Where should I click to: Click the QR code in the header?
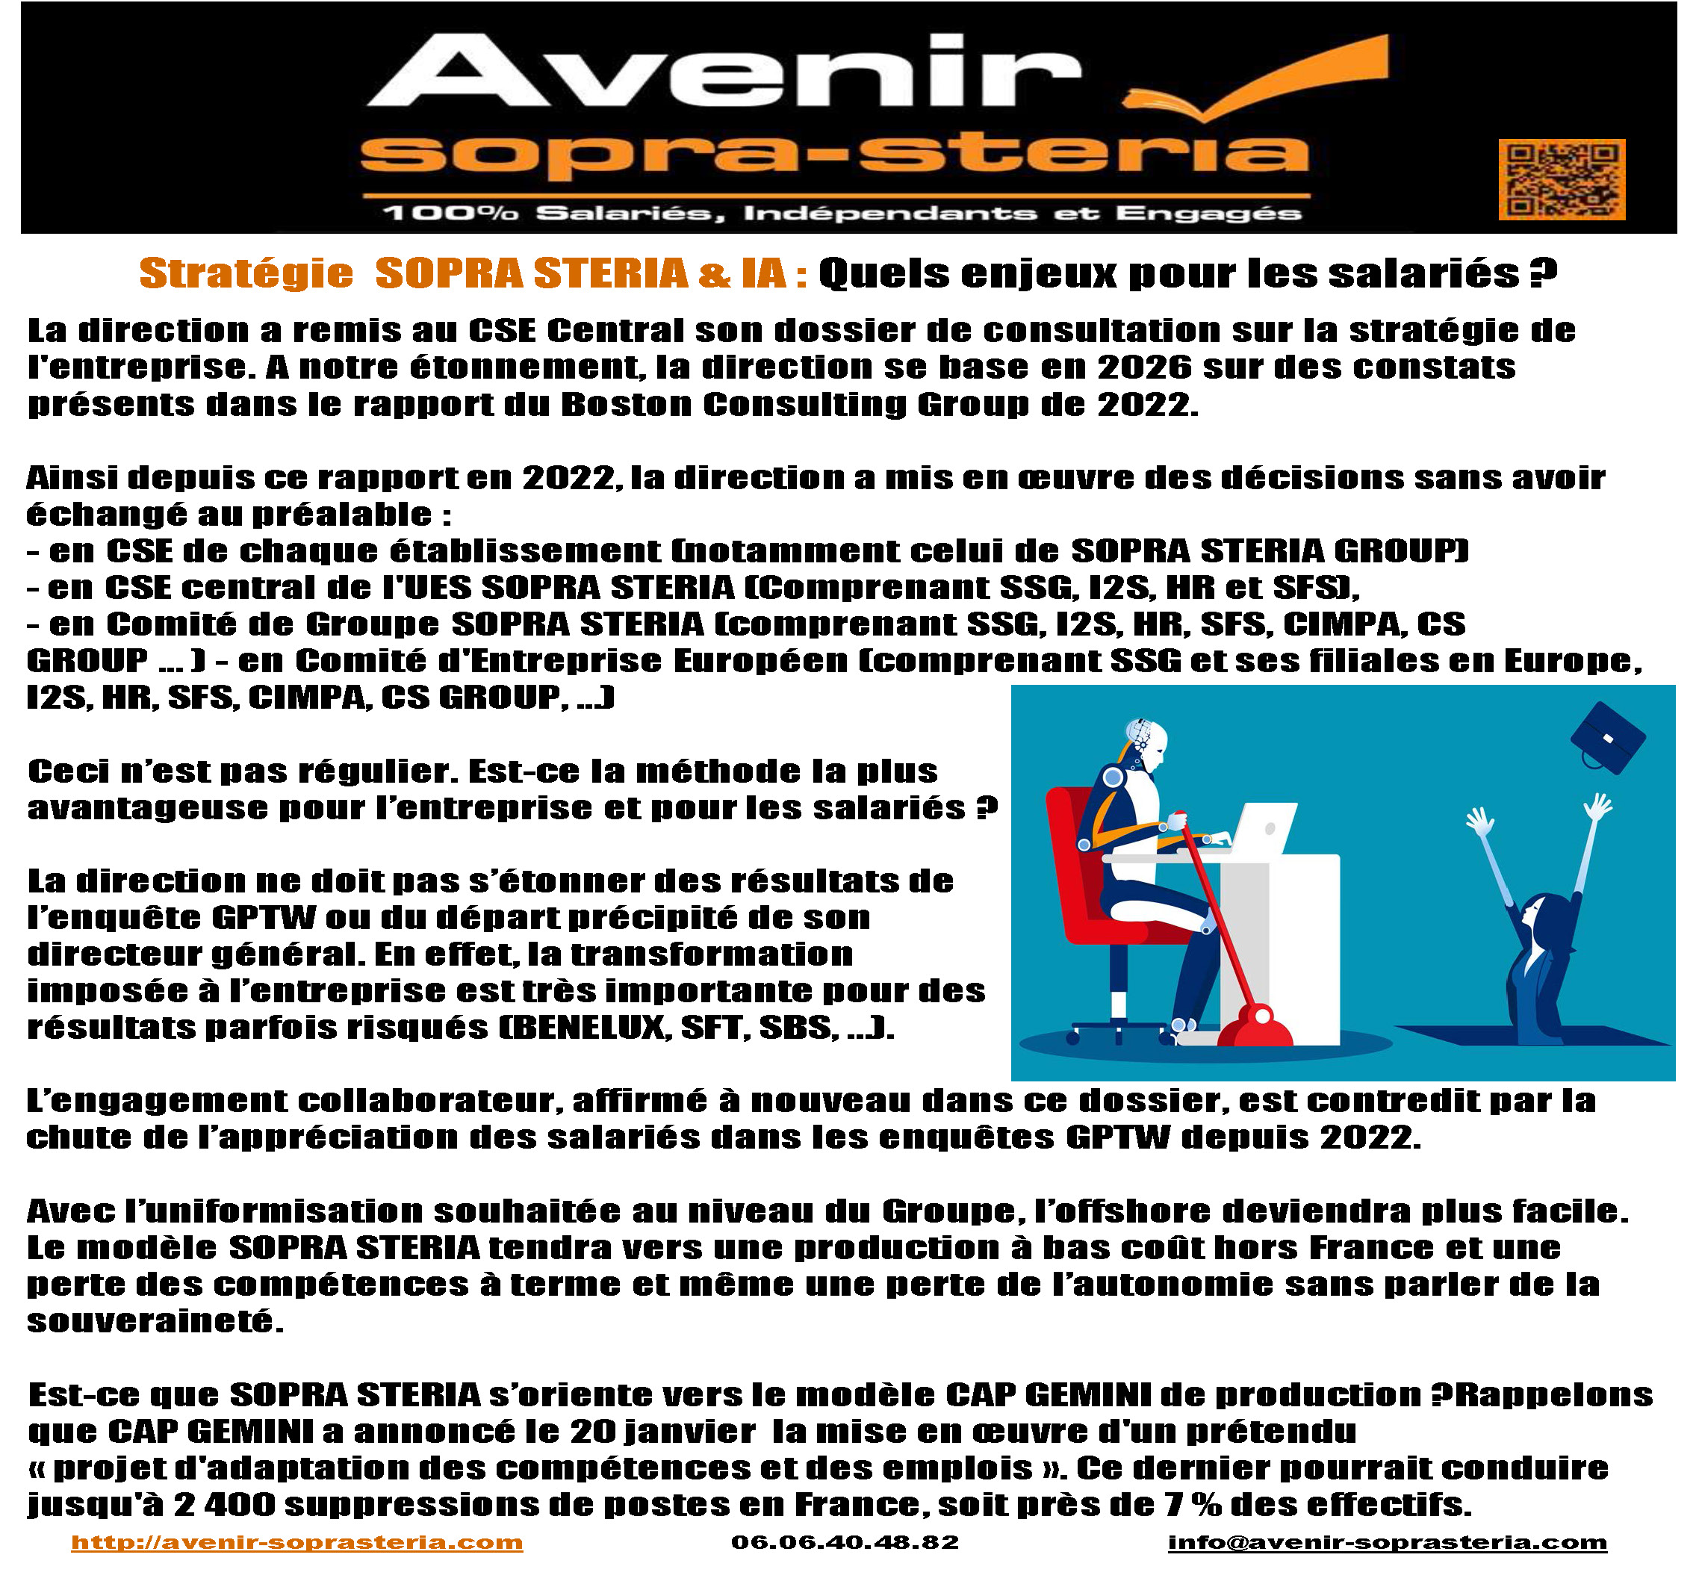coord(1562,179)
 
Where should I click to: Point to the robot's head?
coord(1148,744)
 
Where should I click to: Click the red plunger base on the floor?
coord(1255,1026)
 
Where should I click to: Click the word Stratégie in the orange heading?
coord(246,273)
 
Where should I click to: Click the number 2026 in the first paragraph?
coord(1144,366)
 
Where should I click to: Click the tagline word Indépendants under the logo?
coord(889,213)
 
